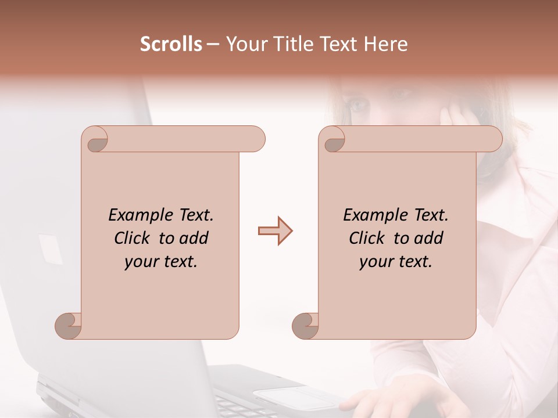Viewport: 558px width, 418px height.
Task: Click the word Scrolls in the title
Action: (171, 44)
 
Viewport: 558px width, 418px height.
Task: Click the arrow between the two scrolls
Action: (275, 231)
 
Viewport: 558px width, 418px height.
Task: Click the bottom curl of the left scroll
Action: (68, 325)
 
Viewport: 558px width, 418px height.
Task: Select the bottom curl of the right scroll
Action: (305, 325)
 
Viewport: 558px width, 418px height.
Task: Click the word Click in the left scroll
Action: (133, 239)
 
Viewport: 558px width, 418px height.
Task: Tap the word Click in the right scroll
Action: (367, 239)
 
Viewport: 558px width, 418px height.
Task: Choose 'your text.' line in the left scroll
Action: (160, 262)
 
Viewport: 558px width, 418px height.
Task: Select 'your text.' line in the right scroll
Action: (395, 262)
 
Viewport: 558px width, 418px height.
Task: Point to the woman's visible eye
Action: (359, 105)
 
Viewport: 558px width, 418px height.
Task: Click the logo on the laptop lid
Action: (50, 248)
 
